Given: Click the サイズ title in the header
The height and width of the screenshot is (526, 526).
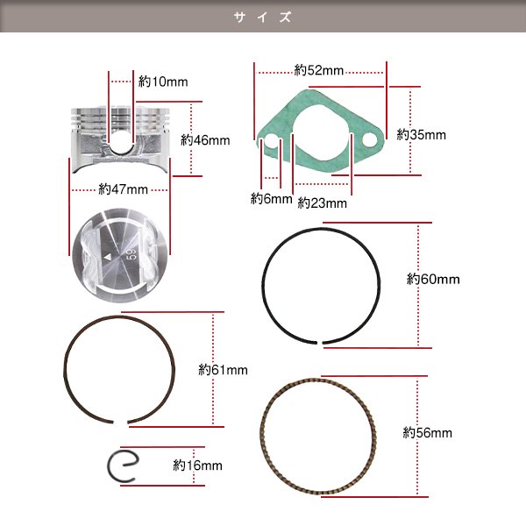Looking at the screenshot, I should pos(263,17).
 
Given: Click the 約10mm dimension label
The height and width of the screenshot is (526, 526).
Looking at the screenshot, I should pos(163,82).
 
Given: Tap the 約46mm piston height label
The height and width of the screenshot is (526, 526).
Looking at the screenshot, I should pos(205,139).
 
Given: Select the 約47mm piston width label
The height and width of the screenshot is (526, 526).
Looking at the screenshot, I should pos(120,188).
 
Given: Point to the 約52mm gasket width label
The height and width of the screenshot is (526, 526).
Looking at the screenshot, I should pos(318,69).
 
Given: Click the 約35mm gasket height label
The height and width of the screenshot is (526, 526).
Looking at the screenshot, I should pos(421,135).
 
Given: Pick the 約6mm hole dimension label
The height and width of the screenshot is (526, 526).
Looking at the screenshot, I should pos(271,198).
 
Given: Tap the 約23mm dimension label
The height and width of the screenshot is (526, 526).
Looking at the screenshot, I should pos(323,203).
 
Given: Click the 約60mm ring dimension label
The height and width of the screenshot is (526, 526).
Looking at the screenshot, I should pos(433,280).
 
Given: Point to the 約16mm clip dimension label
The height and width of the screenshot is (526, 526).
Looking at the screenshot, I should pos(197,466).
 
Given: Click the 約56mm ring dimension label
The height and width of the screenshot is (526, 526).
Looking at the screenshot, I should pos(428,433).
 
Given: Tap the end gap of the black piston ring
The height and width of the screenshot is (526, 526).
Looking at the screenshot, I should pos(323,341).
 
